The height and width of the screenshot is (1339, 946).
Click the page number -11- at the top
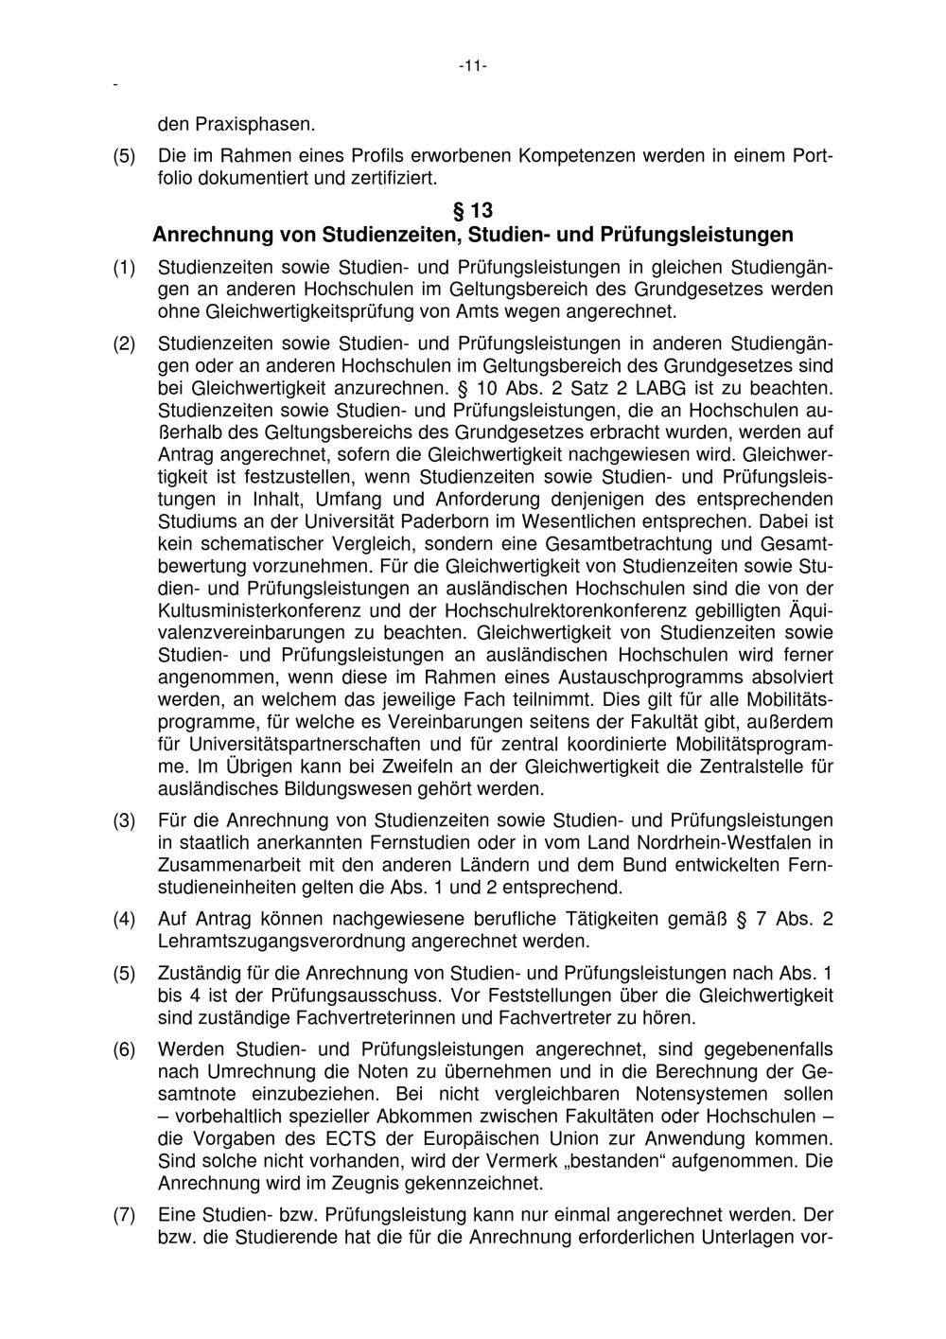(x=472, y=66)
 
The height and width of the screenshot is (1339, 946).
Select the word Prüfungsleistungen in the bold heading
(x=697, y=233)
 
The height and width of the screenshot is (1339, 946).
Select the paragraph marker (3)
(x=125, y=820)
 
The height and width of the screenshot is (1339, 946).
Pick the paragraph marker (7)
(x=125, y=1215)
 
